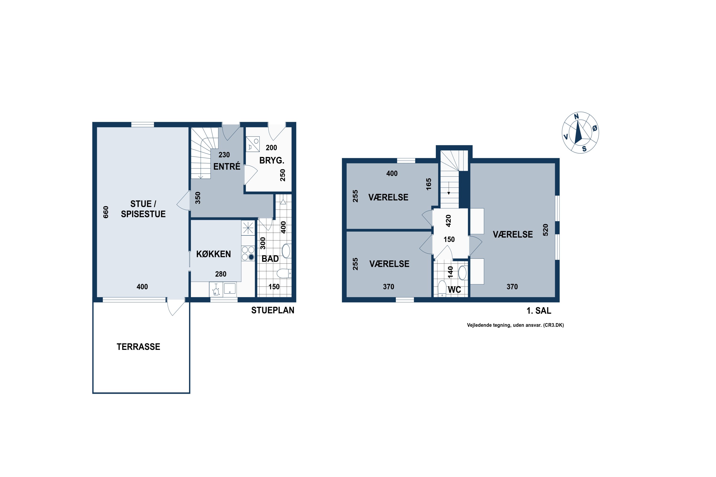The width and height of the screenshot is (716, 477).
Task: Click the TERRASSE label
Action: point(138,347)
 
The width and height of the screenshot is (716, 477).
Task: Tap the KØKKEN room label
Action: point(213,254)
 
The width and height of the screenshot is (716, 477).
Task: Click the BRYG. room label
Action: point(272,160)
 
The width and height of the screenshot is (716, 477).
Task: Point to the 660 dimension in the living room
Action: point(106,212)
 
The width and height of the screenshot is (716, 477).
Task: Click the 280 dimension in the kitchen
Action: point(221,274)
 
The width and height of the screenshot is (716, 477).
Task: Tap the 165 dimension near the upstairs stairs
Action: point(429,184)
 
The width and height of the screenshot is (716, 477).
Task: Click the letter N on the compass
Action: point(576,117)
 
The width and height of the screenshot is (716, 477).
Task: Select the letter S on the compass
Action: point(584,149)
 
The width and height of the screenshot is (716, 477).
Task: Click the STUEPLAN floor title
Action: point(273,310)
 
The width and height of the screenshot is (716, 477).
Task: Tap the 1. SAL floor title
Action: point(539,311)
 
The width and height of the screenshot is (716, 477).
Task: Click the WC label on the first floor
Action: point(454,290)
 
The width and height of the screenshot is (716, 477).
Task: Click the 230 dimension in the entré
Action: point(224,155)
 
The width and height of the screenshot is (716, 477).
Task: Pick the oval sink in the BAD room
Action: point(286,251)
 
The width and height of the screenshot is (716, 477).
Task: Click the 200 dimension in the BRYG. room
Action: point(271,148)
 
